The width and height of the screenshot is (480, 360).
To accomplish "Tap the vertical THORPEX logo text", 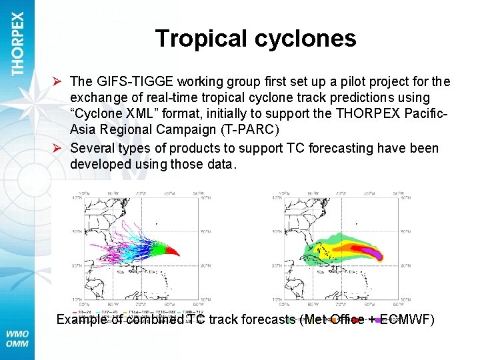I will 17,43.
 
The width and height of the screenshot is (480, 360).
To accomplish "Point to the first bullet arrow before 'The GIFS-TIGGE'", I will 59,82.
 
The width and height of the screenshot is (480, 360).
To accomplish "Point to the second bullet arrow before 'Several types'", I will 59,148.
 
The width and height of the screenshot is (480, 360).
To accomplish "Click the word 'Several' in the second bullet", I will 92,148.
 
